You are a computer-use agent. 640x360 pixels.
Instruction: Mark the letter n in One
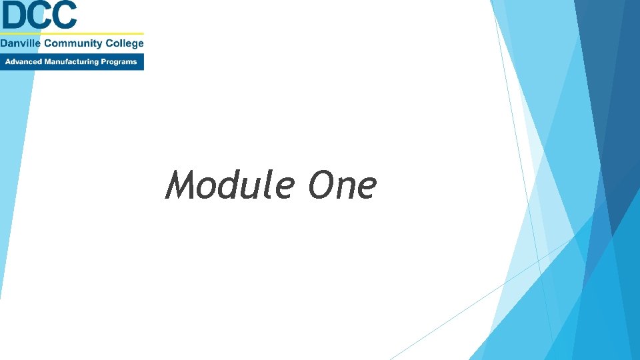(x=344, y=188)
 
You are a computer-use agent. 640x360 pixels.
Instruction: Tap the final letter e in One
(x=365, y=188)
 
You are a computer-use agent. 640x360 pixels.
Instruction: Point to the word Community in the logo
(x=72, y=44)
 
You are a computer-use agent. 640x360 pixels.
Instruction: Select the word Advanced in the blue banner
(x=24, y=62)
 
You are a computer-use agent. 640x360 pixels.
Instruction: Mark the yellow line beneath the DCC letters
(x=72, y=33)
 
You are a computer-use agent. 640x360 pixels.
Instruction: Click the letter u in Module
(x=253, y=188)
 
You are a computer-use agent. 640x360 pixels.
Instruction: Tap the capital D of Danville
(x=4, y=44)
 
